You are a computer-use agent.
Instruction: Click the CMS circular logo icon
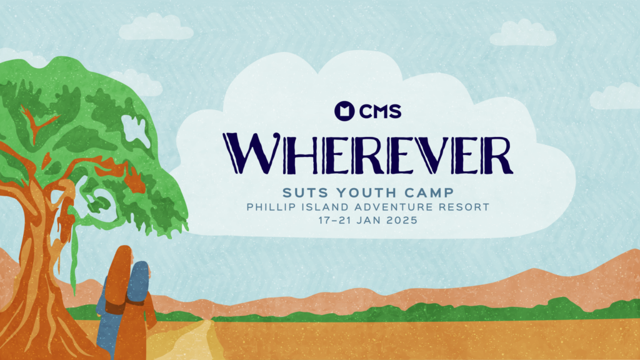pos(344,111)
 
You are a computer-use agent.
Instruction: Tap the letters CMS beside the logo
pos(381,111)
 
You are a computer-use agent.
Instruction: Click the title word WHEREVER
pos(367,154)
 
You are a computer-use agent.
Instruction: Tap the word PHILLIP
pos(270,207)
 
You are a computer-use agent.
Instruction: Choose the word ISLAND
pos(325,207)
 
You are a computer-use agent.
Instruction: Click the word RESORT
pos(464,207)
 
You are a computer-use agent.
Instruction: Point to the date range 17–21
pos(335,221)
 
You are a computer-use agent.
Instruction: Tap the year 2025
pos(402,221)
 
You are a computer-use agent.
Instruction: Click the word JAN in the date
pos(369,221)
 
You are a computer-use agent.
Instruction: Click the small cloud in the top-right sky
pos(523,32)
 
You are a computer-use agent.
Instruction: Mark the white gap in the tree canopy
pos(136,131)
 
